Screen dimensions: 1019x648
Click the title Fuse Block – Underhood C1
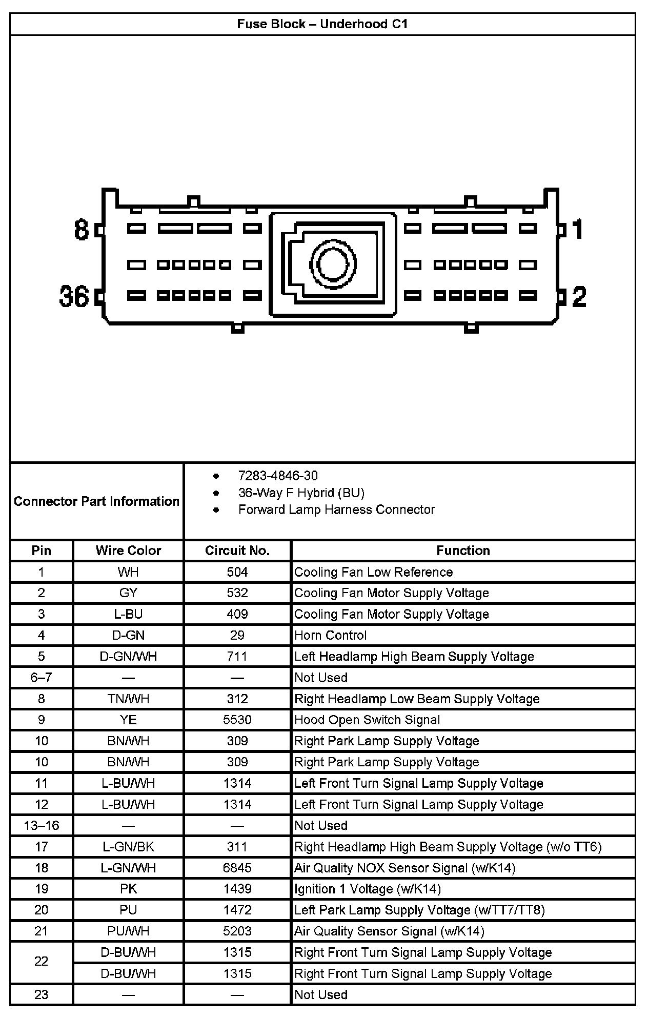(322, 24)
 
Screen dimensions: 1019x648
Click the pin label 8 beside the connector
(82, 230)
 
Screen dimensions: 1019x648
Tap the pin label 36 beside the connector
(74, 296)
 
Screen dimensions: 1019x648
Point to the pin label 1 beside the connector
(577, 229)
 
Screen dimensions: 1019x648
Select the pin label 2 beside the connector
(579, 297)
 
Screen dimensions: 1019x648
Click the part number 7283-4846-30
(278, 476)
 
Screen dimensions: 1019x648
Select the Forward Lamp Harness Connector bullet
(336, 509)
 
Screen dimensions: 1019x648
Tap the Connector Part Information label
(96, 501)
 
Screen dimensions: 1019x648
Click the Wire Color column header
(128, 551)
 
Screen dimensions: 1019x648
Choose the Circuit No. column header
(237, 551)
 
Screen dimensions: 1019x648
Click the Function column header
(463, 551)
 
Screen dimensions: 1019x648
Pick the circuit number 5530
(237, 720)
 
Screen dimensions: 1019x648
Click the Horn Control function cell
(331, 636)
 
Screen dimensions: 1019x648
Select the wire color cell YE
(128, 720)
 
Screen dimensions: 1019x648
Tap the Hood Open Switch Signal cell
(367, 720)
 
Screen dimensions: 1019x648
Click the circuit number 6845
(237, 868)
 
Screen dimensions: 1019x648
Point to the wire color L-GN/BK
(128, 847)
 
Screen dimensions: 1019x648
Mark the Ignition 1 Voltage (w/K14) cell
(368, 889)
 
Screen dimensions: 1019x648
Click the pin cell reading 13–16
(42, 826)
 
